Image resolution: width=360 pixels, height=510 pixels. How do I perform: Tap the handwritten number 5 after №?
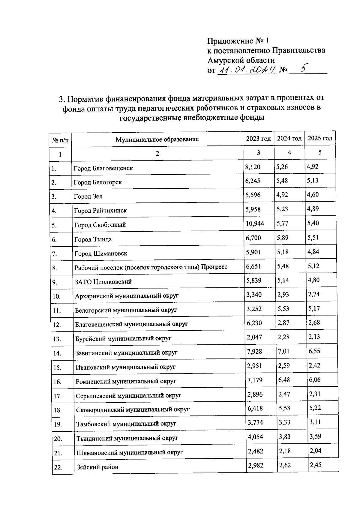(x=304, y=69)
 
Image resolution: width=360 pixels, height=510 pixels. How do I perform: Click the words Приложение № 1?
(x=238, y=40)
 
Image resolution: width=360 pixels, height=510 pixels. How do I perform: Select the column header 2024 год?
(x=289, y=138)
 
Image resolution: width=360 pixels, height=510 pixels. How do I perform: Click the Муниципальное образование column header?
(x=157, y=139)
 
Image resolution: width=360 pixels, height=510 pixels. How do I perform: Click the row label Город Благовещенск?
(x=103, y=168)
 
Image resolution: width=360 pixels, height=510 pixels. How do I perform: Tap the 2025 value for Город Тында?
(x=313, y=238)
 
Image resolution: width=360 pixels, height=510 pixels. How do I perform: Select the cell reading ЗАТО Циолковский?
(x=103, y=282)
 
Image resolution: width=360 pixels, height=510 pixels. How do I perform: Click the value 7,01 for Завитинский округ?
(x=283, y=351)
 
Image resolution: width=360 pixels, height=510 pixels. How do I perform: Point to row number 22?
(x=58, y=467)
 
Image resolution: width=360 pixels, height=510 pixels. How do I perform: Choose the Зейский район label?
(x=97, y=467)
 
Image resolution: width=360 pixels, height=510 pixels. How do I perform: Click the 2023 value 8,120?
(x=253, y=166)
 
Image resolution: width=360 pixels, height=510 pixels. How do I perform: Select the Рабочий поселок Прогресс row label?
(x=151, y=267)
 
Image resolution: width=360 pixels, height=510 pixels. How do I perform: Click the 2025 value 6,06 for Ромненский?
(x=315, y=380)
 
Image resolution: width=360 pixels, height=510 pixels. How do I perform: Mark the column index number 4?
(x=289, y=152)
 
